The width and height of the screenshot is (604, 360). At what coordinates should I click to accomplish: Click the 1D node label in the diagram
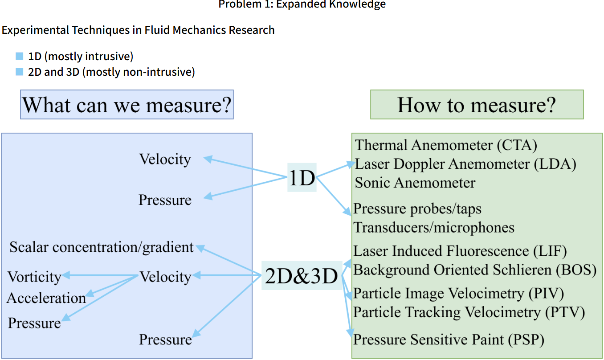click(x=302, y=178)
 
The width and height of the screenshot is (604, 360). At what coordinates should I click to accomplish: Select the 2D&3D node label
click(x=302, y=276)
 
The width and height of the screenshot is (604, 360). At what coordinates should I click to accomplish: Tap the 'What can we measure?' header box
click(x=127, y=105)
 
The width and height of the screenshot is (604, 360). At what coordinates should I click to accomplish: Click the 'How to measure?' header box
click(x=477, y=105)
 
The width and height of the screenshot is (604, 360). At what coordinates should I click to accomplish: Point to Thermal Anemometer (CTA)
click(x=446, y=145)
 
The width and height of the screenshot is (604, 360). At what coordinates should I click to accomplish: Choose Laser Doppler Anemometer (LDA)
click(x=465, y=164)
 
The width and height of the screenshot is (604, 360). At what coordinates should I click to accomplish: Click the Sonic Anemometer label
click(x=415, y=183)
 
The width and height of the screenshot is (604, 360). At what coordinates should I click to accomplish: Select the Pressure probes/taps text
click(x=417, y=209)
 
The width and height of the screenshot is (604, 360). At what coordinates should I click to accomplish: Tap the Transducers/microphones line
click(x=434, y=227)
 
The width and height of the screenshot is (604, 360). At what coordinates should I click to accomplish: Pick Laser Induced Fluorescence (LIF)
click(x=460, y=251)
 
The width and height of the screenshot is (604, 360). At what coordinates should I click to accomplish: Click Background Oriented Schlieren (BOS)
click(x=474, y=270)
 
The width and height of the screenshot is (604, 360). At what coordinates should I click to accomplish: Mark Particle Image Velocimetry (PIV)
click(x=458, y=294)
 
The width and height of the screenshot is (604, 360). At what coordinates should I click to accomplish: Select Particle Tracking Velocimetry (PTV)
click(x=469, y=312)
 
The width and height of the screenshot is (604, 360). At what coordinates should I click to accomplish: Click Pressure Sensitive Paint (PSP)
click(x=449, y=340)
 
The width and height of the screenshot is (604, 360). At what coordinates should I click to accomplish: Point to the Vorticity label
click(x=34, y=277)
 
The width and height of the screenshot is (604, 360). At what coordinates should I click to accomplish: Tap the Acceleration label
click(x=46, y=298)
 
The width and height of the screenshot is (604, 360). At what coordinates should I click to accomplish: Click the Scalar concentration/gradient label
click(x=102, y=247)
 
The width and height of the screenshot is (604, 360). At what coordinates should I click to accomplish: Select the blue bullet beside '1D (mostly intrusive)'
click(x=19, y=57)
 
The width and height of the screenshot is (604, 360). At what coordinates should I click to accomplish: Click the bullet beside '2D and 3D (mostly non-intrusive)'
click(x=19, y=72)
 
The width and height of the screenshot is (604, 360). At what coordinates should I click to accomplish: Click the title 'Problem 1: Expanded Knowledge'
click(x=302, y=4)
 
